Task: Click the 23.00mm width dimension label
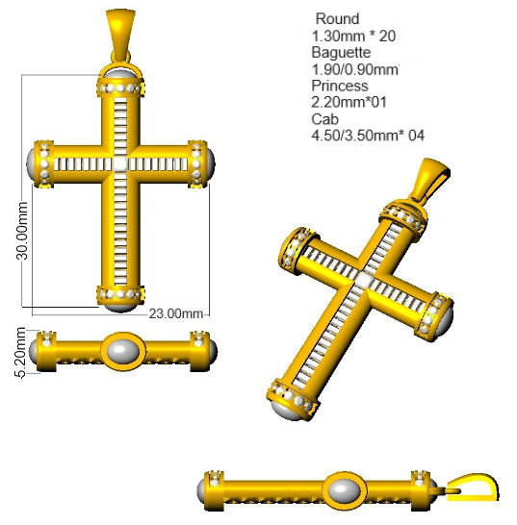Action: [178, 313]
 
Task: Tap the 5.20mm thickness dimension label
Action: [9, 349]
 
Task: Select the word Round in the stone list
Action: [337, 19]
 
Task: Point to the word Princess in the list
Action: [339, 86]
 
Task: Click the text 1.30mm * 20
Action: [354, 37]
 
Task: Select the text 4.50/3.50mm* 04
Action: [368, 136]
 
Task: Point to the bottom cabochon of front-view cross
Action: [121, 304]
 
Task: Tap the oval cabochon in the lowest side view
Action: [340, 491]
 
